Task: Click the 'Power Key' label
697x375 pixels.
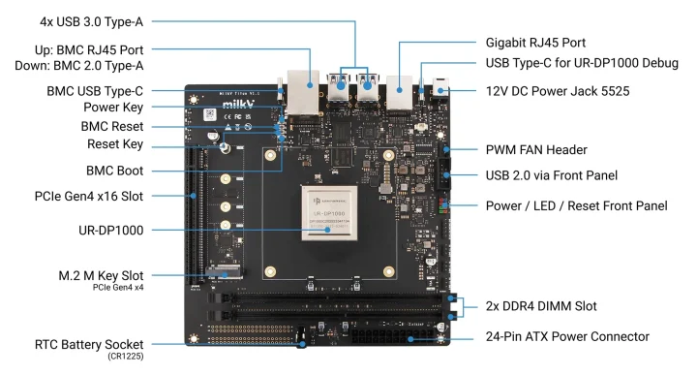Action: [x=113, y=109]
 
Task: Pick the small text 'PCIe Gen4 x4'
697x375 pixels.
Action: [x=119, y=288]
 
